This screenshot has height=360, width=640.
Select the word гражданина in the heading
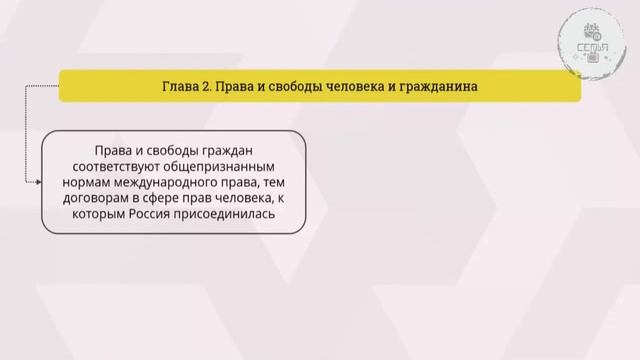pos(435,86)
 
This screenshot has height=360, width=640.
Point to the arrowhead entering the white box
pos(39,182)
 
